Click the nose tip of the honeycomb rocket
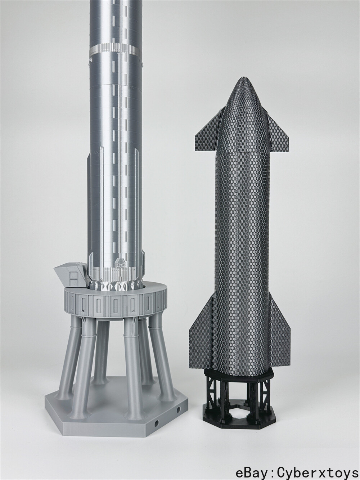click(244, 78)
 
